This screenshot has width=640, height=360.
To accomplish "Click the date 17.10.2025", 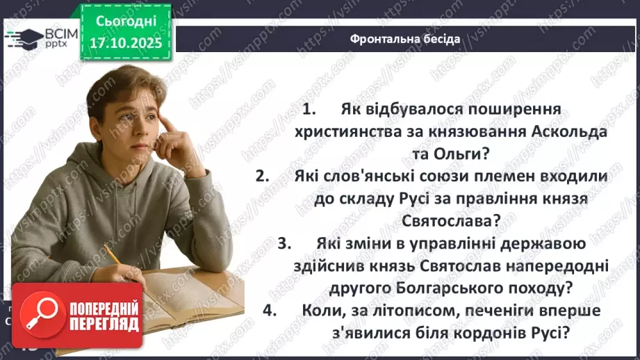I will click(x=130, y=42).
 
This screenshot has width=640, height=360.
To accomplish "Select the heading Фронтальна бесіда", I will click(x=405, y=39).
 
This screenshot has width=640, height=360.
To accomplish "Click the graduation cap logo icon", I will click(x=23, y=36).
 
